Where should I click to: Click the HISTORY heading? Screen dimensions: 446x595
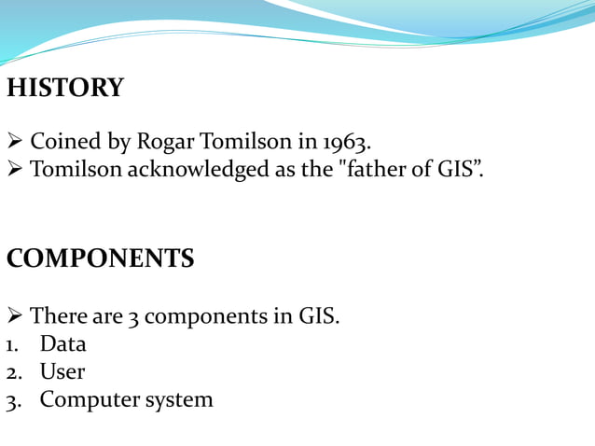point(64,88)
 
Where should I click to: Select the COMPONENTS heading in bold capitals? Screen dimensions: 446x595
point(100,258)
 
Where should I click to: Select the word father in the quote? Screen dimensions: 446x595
point(379,170)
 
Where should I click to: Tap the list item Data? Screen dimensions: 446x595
point(62,343)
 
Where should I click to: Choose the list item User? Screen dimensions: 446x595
point(62,371)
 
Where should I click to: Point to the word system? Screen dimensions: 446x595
point(179,400)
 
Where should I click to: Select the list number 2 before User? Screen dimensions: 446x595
point(12,372)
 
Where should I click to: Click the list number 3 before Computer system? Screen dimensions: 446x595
point(12,401)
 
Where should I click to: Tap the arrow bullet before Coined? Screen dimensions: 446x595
point(14,143)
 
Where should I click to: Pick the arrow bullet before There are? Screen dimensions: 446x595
point(14,316)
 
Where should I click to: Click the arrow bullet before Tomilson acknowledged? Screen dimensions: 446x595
point(14,170)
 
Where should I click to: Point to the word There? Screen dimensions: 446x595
point(59,316)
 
